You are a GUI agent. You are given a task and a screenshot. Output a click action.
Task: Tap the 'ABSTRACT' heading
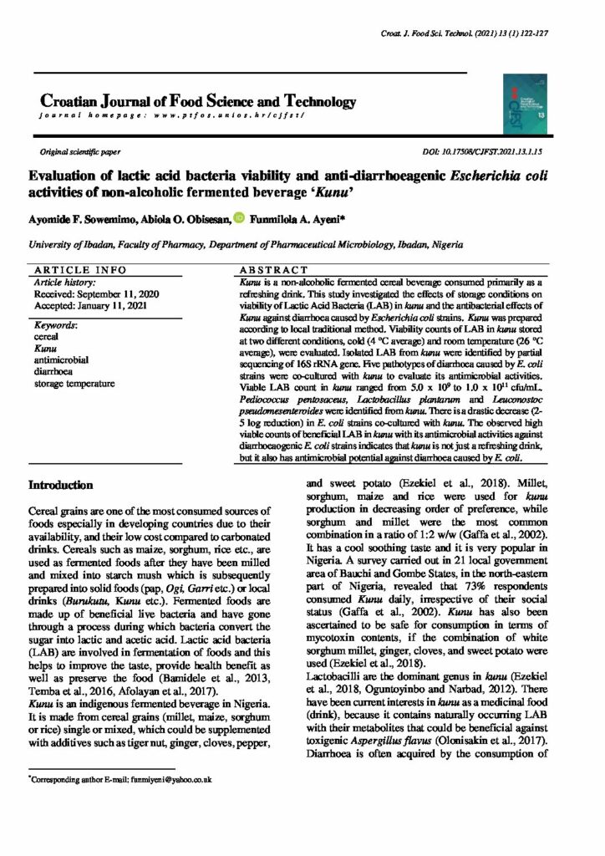[272, 271]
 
